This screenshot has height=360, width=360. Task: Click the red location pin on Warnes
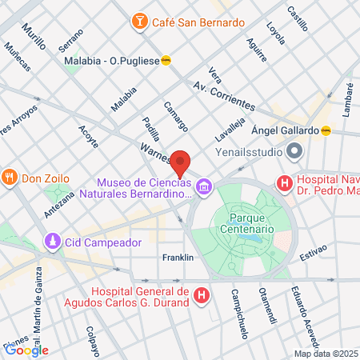[x=181, y=163]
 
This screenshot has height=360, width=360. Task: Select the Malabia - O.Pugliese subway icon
[x=166, y=59]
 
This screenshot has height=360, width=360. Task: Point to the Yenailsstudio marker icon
[x=294, y=150]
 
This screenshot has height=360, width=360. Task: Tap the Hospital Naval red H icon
[x=283, y=184]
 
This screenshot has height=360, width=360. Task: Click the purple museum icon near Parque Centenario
[x=206, y=187]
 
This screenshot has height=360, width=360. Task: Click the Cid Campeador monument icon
[x=53, y=241]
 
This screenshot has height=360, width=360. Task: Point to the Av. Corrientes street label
[x=224, y=97]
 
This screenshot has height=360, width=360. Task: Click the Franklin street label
[x=178, y=258]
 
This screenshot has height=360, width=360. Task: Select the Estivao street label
[x=314, y=251]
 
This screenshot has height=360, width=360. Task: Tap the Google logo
[x=26, y=350]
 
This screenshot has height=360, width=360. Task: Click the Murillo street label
[x=34, y=37]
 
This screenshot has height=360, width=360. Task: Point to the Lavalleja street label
[x=229, y=124]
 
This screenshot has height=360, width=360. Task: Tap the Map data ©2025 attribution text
[x=326, y=354]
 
